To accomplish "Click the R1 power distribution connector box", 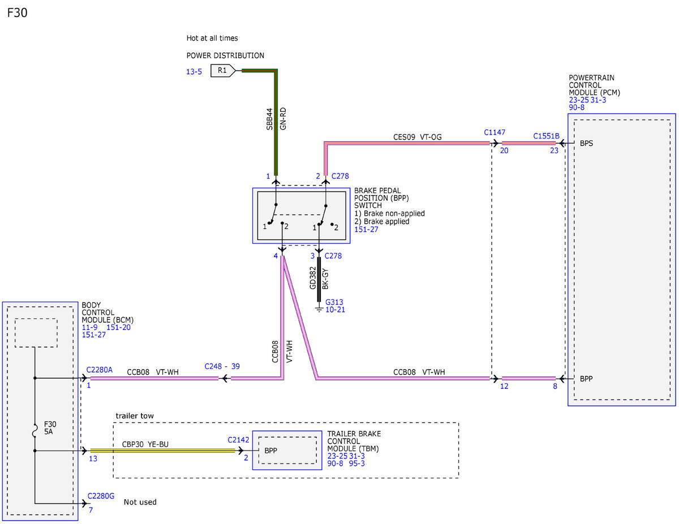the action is (222, 71).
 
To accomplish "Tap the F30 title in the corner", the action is (17, 13).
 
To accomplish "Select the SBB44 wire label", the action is (269, 119).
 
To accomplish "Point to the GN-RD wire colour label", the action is (283, 119).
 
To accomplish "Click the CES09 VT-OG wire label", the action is (417, 137).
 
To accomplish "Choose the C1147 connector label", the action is (495, 132).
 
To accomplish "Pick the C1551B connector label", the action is (546, 136).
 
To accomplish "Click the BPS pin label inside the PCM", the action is (586, 143).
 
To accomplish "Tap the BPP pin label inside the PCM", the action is (586, 379).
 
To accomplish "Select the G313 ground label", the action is (334, 302).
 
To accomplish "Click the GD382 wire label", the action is (313, 278).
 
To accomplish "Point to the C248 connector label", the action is (213, 366).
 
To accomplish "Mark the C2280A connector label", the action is (99, 370).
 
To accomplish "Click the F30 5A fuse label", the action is (50, 428).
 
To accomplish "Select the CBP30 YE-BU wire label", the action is (145, 444).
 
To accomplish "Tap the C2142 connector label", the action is (238, 440).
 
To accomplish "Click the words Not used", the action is (140, 502).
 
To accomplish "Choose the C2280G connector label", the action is (101, 496).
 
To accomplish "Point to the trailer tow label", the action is (135, 415).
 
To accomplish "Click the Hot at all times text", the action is (212, 38).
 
